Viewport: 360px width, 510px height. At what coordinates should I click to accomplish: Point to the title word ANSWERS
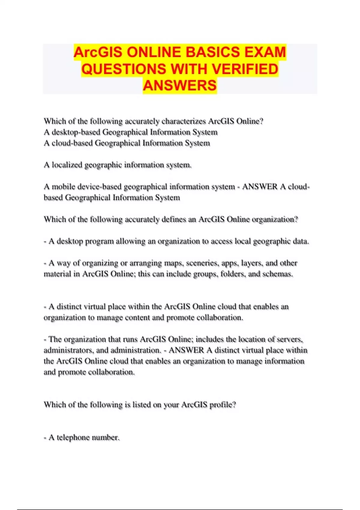180,85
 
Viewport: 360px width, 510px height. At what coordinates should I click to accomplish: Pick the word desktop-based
76,132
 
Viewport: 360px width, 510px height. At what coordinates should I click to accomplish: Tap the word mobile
64,187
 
